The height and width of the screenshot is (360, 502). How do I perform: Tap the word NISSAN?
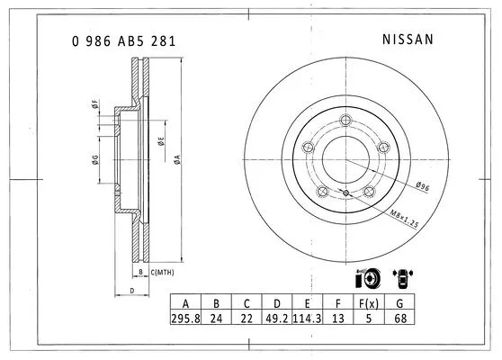point(408,40)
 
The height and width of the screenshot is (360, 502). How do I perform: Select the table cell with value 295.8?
point(185,319)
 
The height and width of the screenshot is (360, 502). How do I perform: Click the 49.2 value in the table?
point(278,319)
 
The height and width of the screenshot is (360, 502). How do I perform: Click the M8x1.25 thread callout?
point(406,217)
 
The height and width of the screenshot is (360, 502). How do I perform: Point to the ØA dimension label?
point(177,158)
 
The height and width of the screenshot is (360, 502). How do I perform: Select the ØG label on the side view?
point(94,161)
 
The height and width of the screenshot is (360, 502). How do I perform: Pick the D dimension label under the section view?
point(131,291)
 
